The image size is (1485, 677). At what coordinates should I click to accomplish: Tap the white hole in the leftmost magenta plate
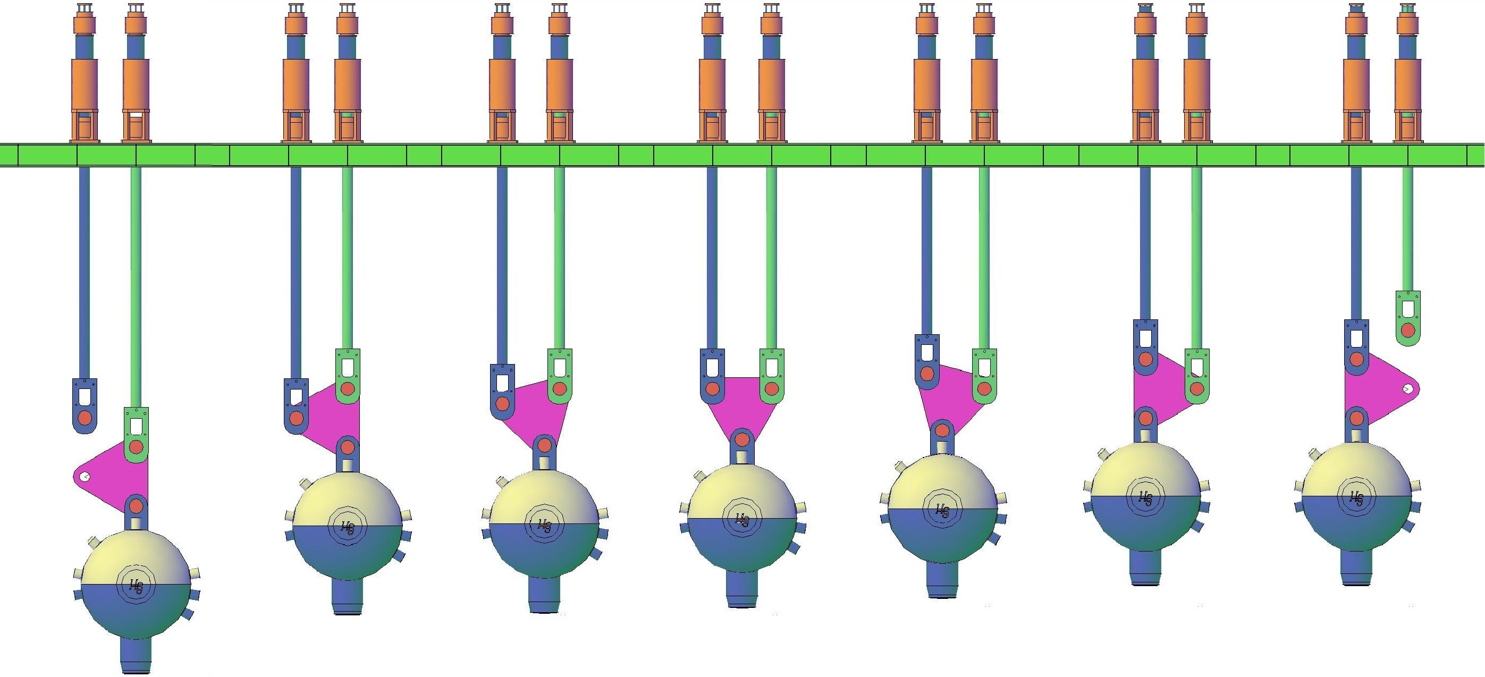coord(85,477)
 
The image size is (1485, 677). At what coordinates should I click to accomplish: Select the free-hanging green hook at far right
coord(1408,318)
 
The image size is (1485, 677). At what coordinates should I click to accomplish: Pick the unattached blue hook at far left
coord(85,405)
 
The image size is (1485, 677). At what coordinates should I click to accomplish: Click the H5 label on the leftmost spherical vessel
coord(136,587)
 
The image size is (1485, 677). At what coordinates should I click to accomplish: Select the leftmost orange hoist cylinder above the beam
coord(85,83)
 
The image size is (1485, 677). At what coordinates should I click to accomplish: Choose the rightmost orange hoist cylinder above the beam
coord(1408,83)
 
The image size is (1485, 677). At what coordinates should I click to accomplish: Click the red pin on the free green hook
coord(1408,331)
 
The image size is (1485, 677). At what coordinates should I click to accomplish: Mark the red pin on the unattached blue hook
coord(85,418)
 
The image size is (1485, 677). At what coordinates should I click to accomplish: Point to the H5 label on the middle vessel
coord(742,520)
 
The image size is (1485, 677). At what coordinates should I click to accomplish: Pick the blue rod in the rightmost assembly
coord(1356,242)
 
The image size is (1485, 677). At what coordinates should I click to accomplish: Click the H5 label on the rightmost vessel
coord(1356,498)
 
